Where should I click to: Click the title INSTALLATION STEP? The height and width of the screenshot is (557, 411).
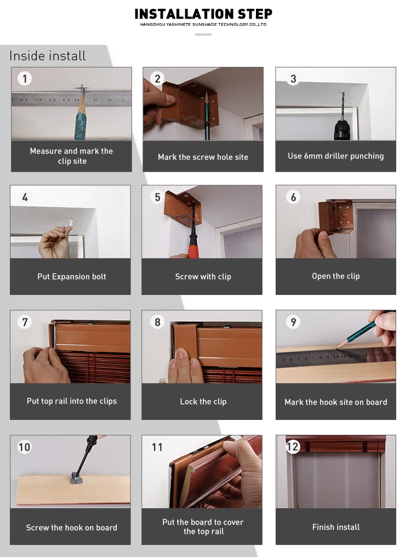pos(203,14)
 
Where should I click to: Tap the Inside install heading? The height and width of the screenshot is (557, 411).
pos(48,56)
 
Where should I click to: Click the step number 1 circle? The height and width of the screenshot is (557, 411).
pos(25,78)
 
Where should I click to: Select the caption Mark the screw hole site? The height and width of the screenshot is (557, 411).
pos(203,157)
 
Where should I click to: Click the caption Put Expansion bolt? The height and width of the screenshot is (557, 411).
pos(72,276)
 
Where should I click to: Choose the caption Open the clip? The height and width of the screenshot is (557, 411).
pos(336,276)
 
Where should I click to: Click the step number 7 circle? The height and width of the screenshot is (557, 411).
pos(25,322)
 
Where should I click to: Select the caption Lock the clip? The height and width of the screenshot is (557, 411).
pos(203,401)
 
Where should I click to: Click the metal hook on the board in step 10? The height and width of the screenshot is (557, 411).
pos(76,479)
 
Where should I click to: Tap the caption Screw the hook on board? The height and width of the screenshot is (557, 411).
pos(71,527)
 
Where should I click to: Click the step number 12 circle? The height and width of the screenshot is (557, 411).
pos(293,446)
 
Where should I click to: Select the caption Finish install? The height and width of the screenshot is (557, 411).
pos(336,527)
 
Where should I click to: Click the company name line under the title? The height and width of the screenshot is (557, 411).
pos(203,25)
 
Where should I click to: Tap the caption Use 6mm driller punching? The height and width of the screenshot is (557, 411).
pos(336,156)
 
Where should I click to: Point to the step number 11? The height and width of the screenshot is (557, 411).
pos(157,447)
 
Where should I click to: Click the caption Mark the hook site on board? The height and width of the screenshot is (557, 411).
pos(336,402)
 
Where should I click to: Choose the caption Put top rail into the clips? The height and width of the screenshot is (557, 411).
pos(72,401)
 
